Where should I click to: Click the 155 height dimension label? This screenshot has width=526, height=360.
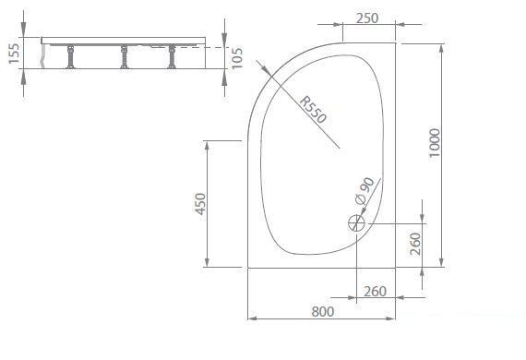14,54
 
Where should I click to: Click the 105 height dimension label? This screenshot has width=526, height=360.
237,58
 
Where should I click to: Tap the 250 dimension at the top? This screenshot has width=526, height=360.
367,18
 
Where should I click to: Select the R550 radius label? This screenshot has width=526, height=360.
313,110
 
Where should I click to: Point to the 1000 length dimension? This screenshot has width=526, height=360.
435,143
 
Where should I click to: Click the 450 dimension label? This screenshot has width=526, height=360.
200,204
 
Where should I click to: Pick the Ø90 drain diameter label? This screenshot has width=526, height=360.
365,190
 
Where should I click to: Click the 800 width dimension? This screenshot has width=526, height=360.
323,312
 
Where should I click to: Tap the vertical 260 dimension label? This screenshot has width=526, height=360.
415,244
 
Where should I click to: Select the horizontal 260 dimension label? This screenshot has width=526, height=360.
375,292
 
